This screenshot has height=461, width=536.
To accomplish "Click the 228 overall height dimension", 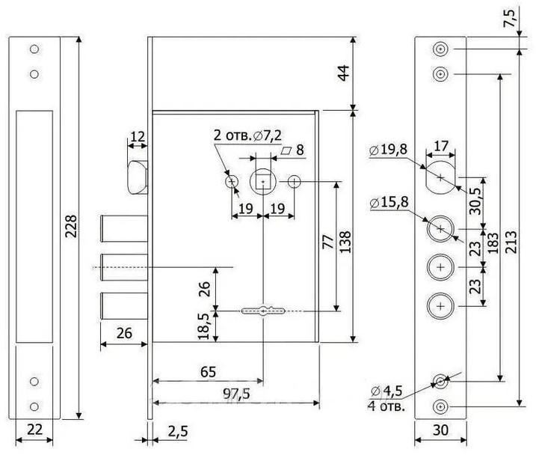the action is (x=71, y=226).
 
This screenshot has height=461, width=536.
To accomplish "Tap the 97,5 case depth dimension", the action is (x=236, y=394).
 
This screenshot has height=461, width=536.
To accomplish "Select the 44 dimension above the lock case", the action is (x=344, y=73).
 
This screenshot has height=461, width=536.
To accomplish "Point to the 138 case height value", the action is (x=345, y=242).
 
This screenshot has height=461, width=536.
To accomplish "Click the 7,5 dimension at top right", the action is (x=509, y=19).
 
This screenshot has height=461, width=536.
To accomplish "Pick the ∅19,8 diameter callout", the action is (x=388, y=150).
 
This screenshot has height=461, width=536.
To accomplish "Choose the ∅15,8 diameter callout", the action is (x=389, y=202).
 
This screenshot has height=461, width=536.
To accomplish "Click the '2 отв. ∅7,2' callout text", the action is (x=247, y=135).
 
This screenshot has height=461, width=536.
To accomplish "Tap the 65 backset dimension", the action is (x=208, y=372).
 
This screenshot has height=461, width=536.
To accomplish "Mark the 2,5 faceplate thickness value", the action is (x=178, y=431).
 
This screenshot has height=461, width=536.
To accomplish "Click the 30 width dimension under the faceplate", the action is (x=440, y=430).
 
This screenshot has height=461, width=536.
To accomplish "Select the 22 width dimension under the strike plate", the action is (x=34, y=429).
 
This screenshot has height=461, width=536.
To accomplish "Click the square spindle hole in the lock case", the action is (x=262, y=181).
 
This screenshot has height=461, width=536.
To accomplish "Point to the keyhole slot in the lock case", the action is (x=262, y=311).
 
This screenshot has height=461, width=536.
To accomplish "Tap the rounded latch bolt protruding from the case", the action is (x=138, y=177).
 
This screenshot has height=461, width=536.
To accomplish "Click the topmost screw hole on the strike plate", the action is (x=34, y=49).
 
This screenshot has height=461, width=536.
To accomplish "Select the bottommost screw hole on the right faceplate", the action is (x=440, y=406).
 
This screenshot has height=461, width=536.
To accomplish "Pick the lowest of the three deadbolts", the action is (x=124, y=306).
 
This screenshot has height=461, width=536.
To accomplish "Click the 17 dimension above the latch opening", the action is (x=440, y=146).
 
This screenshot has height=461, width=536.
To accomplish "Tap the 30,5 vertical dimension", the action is (x=475, y=202).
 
